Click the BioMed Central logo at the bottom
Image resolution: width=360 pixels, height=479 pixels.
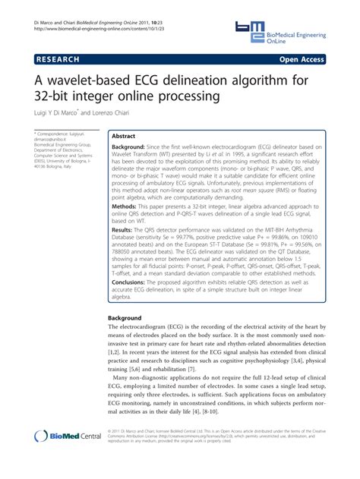(x=68, y=457)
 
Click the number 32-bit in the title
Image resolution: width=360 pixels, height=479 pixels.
(x=58, y=97)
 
